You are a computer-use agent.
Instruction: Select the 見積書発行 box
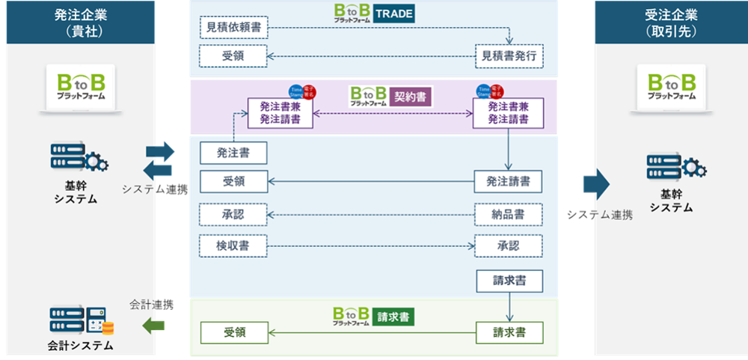[x=509, y=55]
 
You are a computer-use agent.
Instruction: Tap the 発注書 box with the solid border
[x=233, y=153]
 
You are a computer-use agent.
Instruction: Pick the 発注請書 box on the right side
[x=509, y=181]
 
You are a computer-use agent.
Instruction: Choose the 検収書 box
[x=233, y=245]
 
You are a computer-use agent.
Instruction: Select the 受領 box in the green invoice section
[x=233, y=332]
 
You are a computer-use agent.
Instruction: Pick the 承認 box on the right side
[x=509, y=245]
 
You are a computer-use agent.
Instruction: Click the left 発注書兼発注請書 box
[x=280, y=112]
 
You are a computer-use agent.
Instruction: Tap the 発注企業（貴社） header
[x=79, y=22]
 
